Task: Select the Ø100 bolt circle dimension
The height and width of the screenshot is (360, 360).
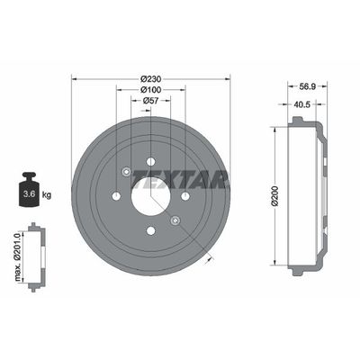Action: click(150, 89)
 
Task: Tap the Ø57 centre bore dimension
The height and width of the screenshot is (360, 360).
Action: click(150, 101)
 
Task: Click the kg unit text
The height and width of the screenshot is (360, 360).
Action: click(47, 193)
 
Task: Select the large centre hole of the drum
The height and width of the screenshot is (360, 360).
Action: click(150, 196)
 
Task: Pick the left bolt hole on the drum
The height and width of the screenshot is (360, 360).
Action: click(116, 196)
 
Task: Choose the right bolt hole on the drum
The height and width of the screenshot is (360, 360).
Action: click(184, 196)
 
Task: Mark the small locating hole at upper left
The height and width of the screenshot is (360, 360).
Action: click(126, 172)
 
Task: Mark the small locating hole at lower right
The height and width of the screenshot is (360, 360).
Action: click(175, 220)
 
